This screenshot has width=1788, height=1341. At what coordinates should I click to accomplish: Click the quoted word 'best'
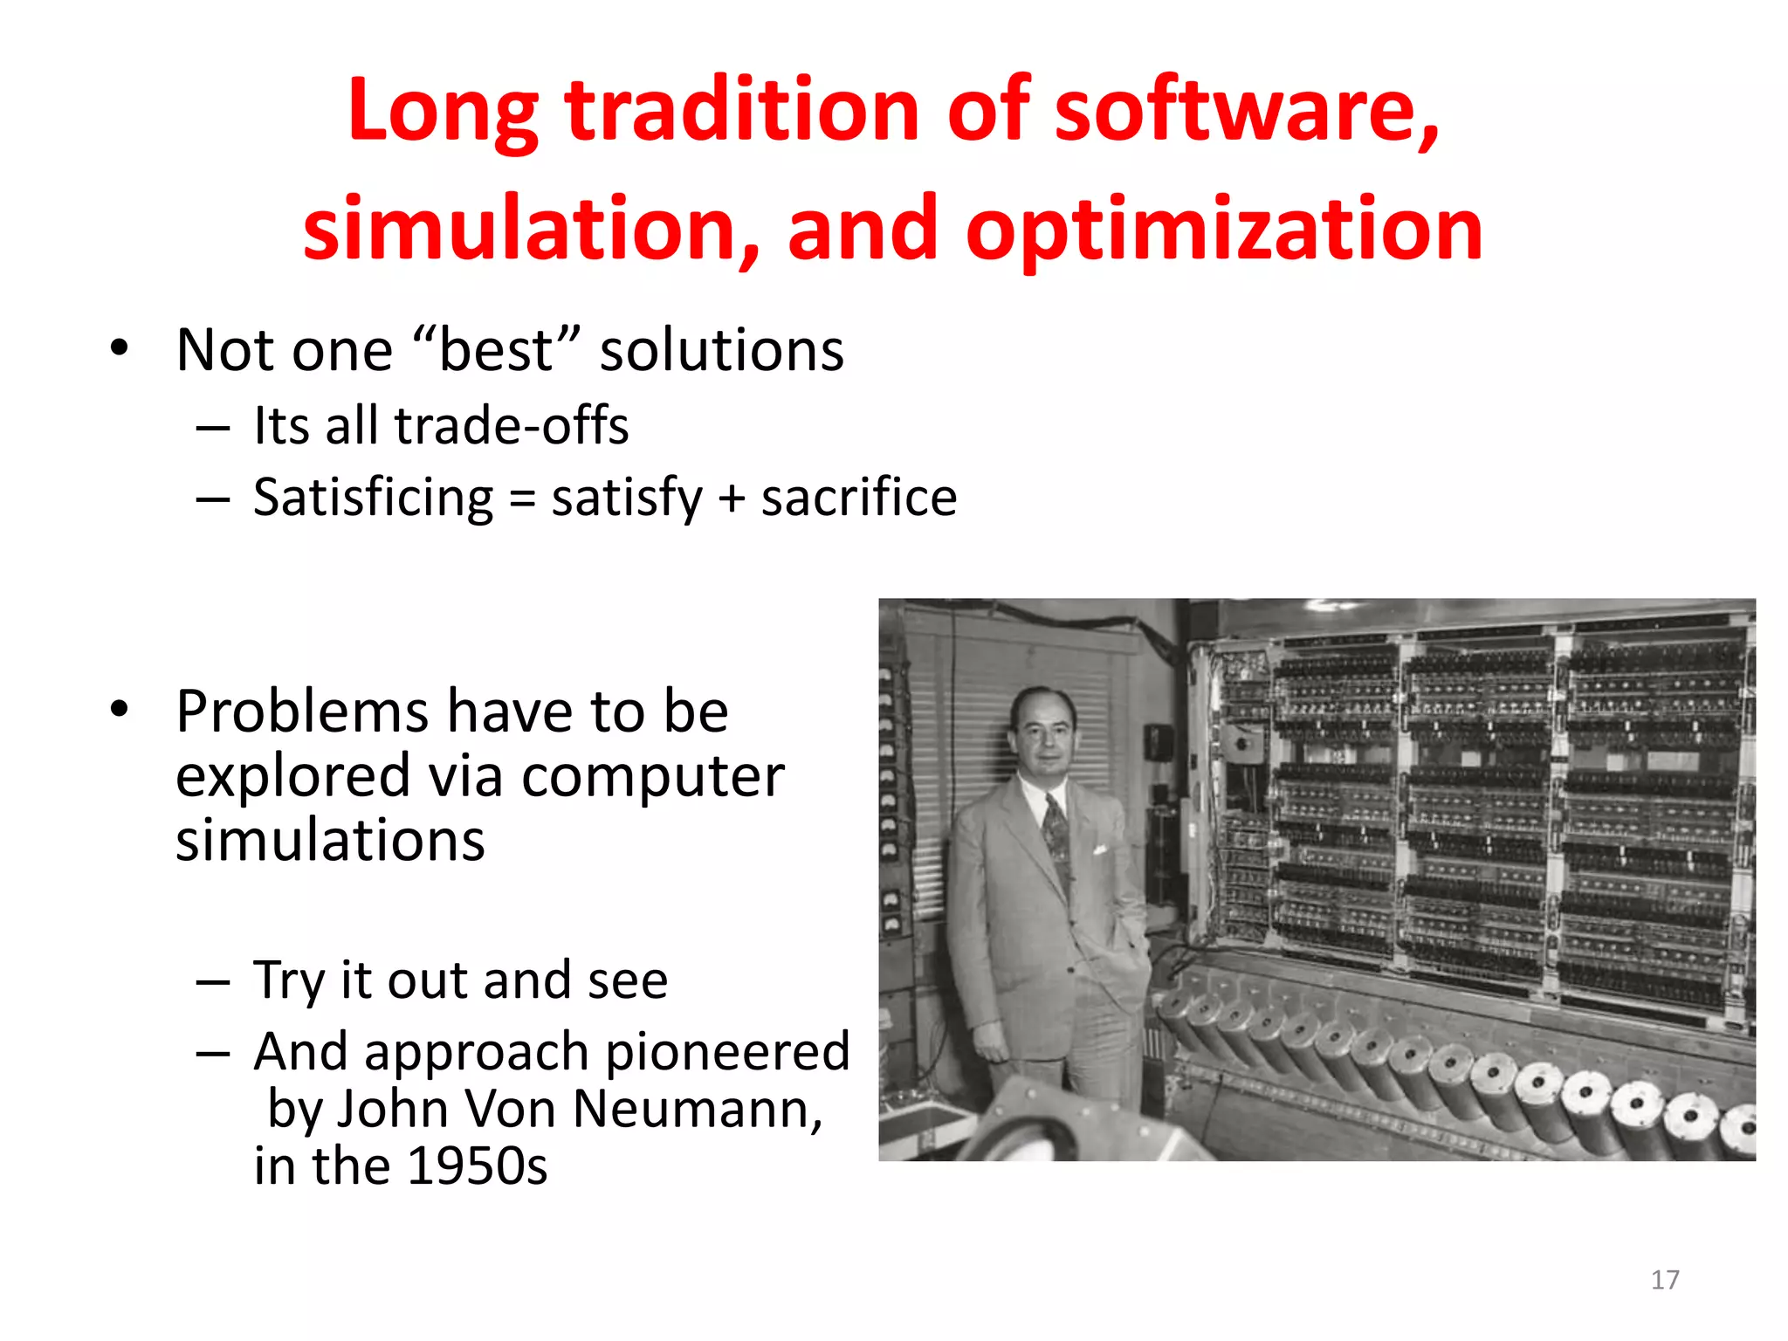coord(495,350)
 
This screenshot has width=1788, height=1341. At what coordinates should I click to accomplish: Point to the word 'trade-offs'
coord(511,426)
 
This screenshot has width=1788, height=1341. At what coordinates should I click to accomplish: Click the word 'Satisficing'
coord(373,498)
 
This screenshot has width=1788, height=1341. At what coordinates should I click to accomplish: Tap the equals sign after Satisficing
coord(521,499)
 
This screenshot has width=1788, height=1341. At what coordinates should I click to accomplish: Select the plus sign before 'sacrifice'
coord(731,499)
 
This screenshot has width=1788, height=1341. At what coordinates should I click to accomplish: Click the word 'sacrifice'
coord(858,498)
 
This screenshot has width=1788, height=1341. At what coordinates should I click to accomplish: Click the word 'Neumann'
coord(697,1109)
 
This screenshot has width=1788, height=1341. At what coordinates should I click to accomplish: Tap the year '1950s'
coord(477,1166)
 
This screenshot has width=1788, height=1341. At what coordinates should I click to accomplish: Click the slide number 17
coord(1664,1280)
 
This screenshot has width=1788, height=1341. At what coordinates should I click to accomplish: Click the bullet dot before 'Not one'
coord(120,349)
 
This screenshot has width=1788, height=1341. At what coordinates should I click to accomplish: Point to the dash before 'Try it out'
coord(213,982)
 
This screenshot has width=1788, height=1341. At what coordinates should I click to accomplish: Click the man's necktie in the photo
coord(1057,829)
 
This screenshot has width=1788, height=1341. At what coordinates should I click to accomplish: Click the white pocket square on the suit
coord(1100,849)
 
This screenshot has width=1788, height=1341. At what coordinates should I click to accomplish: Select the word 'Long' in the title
coord(443,111)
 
